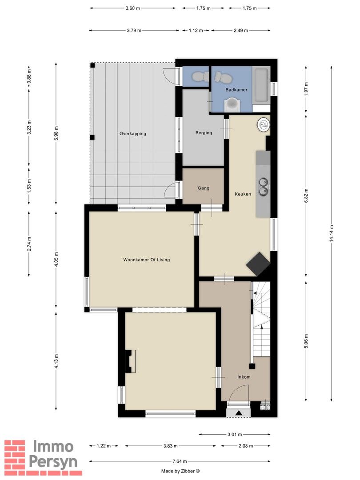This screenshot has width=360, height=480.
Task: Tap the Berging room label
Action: point(204,133)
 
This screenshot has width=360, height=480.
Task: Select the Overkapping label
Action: point(132,134)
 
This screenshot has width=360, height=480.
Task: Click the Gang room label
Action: point(204,188)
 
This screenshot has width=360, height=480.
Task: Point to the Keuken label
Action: point(243,194)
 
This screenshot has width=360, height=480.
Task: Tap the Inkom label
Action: point(244,377)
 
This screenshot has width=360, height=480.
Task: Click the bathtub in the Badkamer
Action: point(261,86)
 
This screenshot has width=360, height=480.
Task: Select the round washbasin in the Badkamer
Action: point(232,104)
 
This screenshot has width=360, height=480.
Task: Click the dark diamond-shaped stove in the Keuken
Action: point(258,264)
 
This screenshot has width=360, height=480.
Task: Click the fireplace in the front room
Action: point(130,361)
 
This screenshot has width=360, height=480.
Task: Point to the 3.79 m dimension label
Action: point(133,31)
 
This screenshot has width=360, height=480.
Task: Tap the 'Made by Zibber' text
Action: point(180,471)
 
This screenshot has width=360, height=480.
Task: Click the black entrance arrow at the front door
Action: point(239,413)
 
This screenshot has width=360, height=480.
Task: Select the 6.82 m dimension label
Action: point(306,194)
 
